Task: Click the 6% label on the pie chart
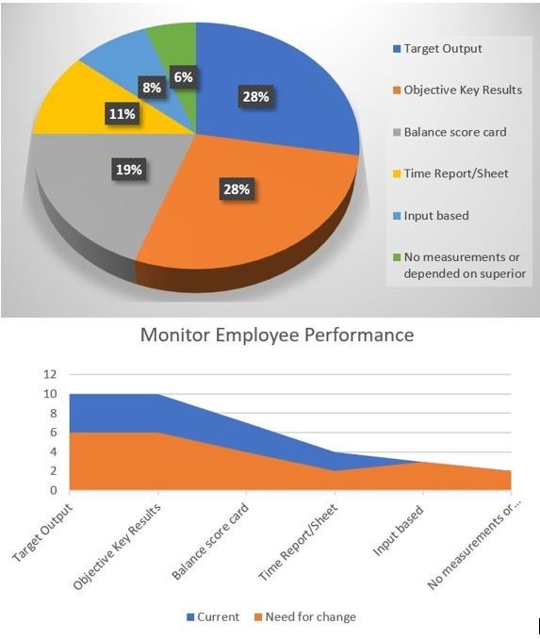coord(184,76)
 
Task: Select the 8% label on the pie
coord(152,88)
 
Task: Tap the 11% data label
coord(123,114)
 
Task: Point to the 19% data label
coord(129,169)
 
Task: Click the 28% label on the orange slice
coord(237,189)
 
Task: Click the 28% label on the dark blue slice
coord(256,97)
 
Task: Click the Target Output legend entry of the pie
coord(437,49)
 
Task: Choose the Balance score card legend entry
coord(450,132)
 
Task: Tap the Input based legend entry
coord(432,216)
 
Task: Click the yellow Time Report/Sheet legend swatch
coord(397,174)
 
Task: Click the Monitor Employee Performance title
coord(277,335)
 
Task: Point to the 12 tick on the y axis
coord(51,374)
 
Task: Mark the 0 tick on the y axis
coord(54,490)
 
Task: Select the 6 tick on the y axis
coord(54,433)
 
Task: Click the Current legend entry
coord(213,617)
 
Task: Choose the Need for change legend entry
coord(304,617)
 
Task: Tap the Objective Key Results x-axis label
coord(118,547)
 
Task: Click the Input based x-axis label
coord(399,531)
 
